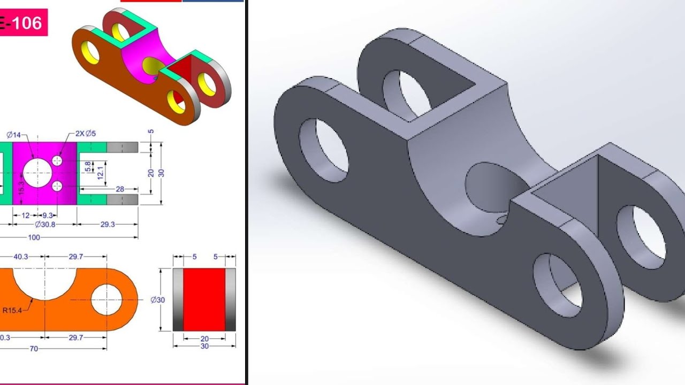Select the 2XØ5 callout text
coord(86,133)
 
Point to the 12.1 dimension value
coord(100,172)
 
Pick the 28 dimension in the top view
coord(119,189)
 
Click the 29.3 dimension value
coord(108,225)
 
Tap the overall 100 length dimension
coord(34,237)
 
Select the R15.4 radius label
coord(12,310)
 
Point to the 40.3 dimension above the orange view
coord(21,257)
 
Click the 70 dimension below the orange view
coord(34,349)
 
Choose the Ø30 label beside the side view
coord(158,300)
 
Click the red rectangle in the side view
coord(204,300)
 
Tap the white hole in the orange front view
coord(107,299)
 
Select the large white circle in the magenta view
coord(37,173)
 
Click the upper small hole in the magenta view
coord(58,160)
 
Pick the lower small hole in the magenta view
coord(58,186)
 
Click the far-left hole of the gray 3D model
coord(323,150)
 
